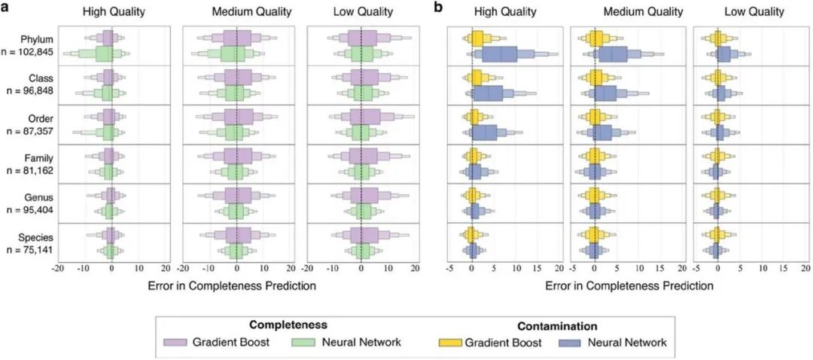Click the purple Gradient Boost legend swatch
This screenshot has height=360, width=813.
pos(175,343)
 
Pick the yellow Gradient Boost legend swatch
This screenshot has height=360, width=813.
pos(449,343)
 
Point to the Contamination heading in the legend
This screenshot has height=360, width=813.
pos(557,327)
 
